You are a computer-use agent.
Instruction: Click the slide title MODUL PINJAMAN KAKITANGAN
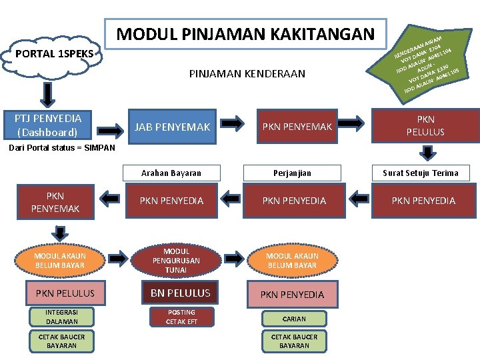pos(246,33)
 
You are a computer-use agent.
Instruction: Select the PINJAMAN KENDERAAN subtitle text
pos(247,73)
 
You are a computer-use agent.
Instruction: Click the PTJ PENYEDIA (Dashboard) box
pos(49,125)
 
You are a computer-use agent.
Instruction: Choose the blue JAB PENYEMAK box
pos(173,127)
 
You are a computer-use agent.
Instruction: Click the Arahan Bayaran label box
pos(171,173)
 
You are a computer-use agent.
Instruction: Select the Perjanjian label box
pos(294,173)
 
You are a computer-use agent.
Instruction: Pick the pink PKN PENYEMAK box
pos(55,203)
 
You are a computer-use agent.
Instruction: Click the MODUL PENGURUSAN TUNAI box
pos(176,261)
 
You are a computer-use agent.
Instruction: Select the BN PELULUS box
pos(180,293)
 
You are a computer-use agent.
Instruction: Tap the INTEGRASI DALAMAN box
pos(61,317)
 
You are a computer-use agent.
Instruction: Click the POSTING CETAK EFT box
pos(181,317)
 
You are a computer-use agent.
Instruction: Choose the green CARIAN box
pos(294,319)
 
